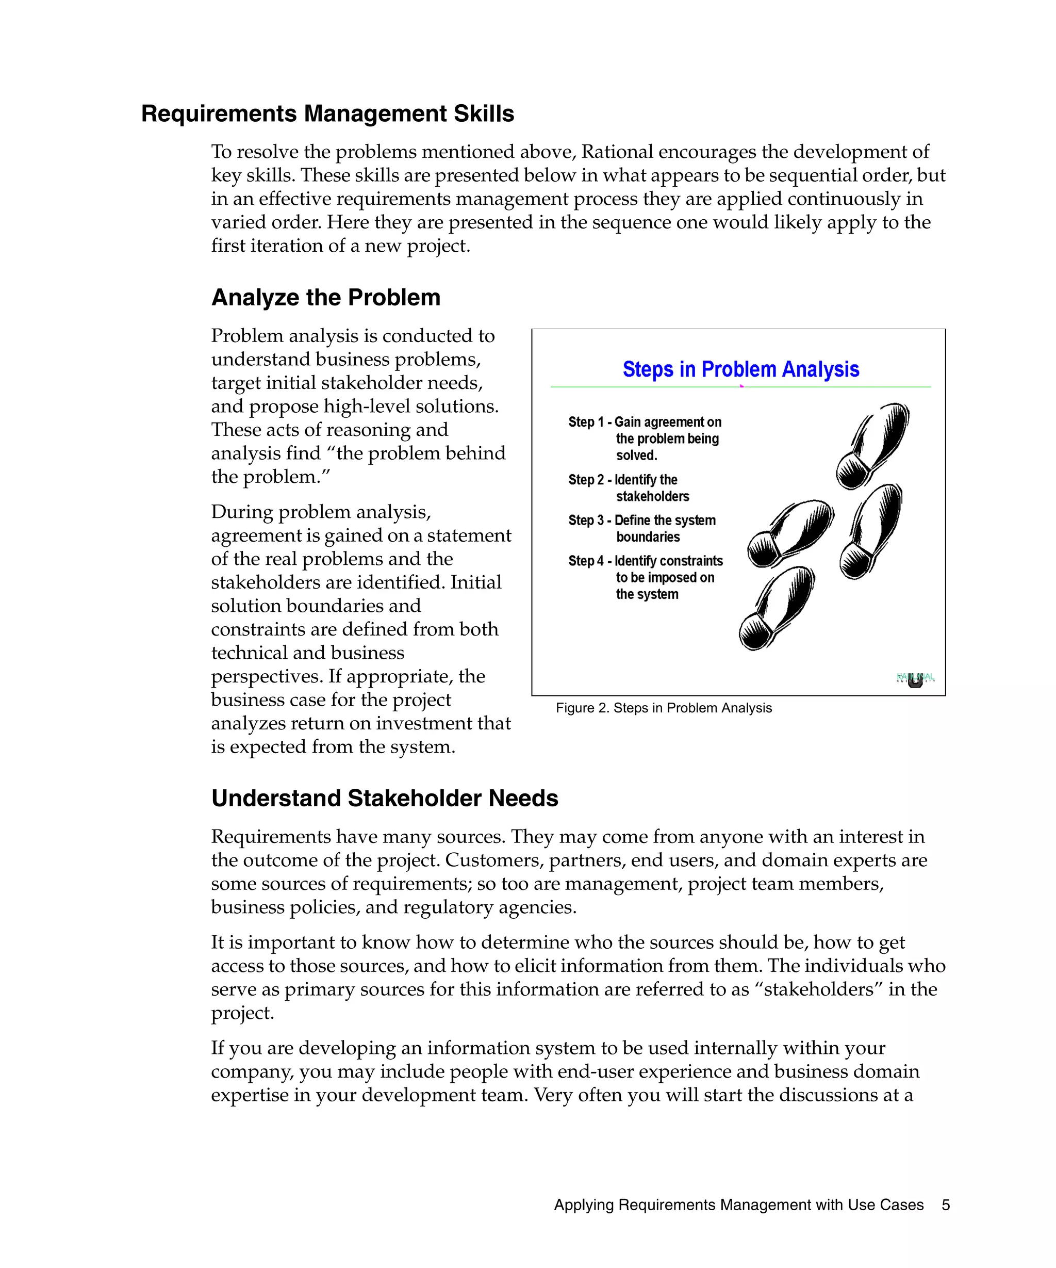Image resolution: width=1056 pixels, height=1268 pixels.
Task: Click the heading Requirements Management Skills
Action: point(327,113)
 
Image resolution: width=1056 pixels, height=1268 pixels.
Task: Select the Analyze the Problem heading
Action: point(325,298)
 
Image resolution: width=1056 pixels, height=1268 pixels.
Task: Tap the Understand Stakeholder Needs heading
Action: point(384,798)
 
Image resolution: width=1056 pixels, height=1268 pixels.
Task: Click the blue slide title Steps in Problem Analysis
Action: point(740,369)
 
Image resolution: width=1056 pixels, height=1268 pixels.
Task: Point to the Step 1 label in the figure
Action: point(586,422)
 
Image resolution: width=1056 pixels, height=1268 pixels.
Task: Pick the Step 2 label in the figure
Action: point(586,480)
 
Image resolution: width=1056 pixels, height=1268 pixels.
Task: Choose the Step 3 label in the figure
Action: point(586,521)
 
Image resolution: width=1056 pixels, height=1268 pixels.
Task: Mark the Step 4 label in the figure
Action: point(586,561)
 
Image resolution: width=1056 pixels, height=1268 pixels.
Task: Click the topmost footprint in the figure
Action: point(872,446)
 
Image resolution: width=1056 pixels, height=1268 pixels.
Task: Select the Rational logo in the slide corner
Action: point(915,679)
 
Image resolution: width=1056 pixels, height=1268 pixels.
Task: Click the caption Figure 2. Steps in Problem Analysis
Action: point(663,708)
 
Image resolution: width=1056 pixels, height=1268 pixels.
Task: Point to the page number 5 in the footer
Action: point(946,1205)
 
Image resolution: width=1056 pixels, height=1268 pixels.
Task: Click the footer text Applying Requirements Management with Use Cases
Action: point(738,1205)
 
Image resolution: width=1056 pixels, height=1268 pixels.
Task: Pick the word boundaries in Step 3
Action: point(648,538)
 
